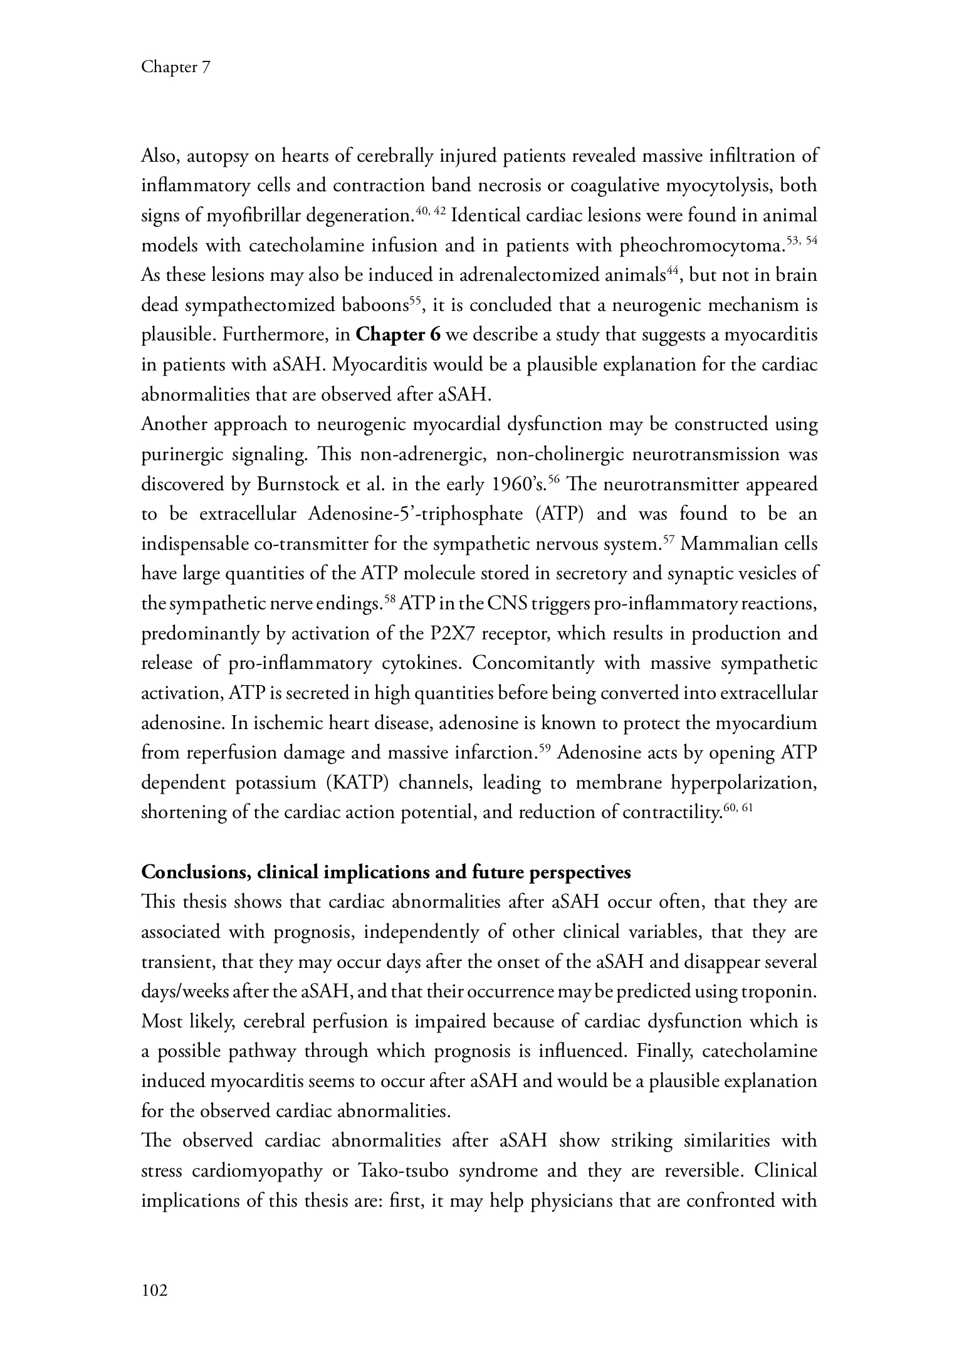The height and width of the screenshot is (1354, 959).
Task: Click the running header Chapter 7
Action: tap(175, 67)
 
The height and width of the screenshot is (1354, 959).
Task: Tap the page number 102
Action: tap(155, 1290)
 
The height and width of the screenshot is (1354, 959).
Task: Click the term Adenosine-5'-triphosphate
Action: tap(416, 515)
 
